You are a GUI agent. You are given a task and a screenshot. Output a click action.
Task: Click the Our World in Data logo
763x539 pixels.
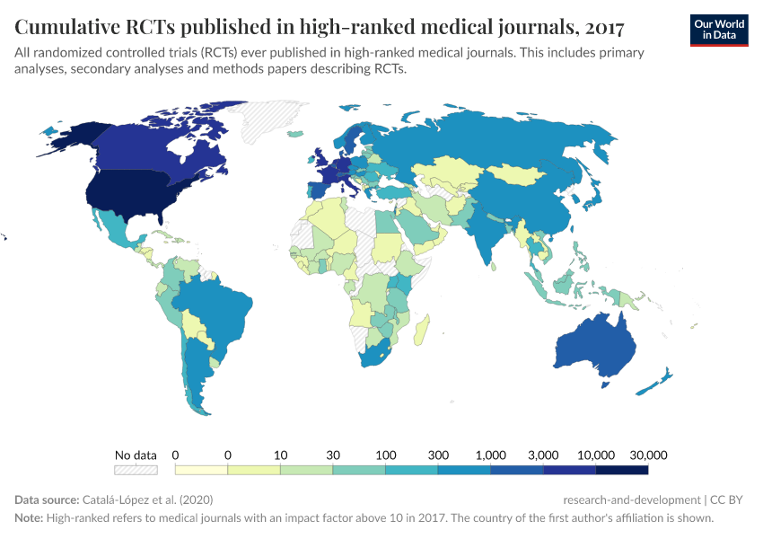(719, 29)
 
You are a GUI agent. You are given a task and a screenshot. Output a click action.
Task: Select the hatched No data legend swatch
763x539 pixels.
(136, 469)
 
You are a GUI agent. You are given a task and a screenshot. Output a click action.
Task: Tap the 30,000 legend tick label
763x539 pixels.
(647, 455)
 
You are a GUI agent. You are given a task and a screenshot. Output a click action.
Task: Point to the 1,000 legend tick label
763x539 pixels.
(490, 455)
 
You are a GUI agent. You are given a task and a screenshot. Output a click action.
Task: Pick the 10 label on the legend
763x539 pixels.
(280, 455)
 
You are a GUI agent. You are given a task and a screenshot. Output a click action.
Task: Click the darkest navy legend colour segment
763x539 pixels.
(621, 469)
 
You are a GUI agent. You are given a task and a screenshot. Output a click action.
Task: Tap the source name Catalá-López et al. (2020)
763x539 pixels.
(147, 499)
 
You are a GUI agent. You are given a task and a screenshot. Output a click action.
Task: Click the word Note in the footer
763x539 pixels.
(29, 518)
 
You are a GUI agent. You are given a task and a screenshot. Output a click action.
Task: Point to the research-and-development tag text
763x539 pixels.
(631, 499)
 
